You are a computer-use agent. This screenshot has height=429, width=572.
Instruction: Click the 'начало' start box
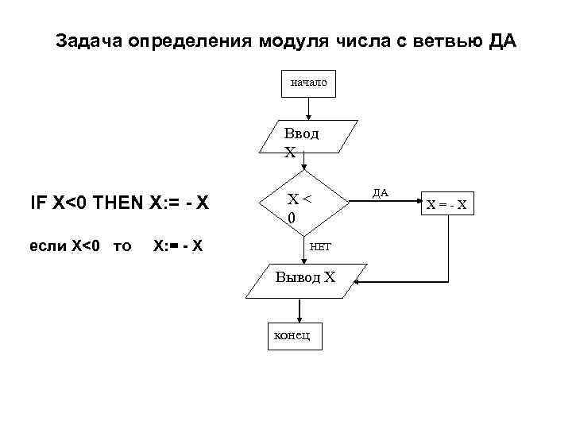point(308,82)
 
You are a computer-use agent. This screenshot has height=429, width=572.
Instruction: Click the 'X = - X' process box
point(446,205)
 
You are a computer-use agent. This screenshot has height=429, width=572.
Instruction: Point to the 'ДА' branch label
point(380,192)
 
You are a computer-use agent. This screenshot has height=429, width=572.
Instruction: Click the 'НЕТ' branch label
point(320,248)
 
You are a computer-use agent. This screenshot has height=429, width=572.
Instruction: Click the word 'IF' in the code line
point(37,203)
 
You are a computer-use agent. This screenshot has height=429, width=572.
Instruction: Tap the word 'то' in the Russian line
point(122,246)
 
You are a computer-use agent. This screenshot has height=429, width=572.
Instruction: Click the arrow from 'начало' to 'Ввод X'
point(309,109)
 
